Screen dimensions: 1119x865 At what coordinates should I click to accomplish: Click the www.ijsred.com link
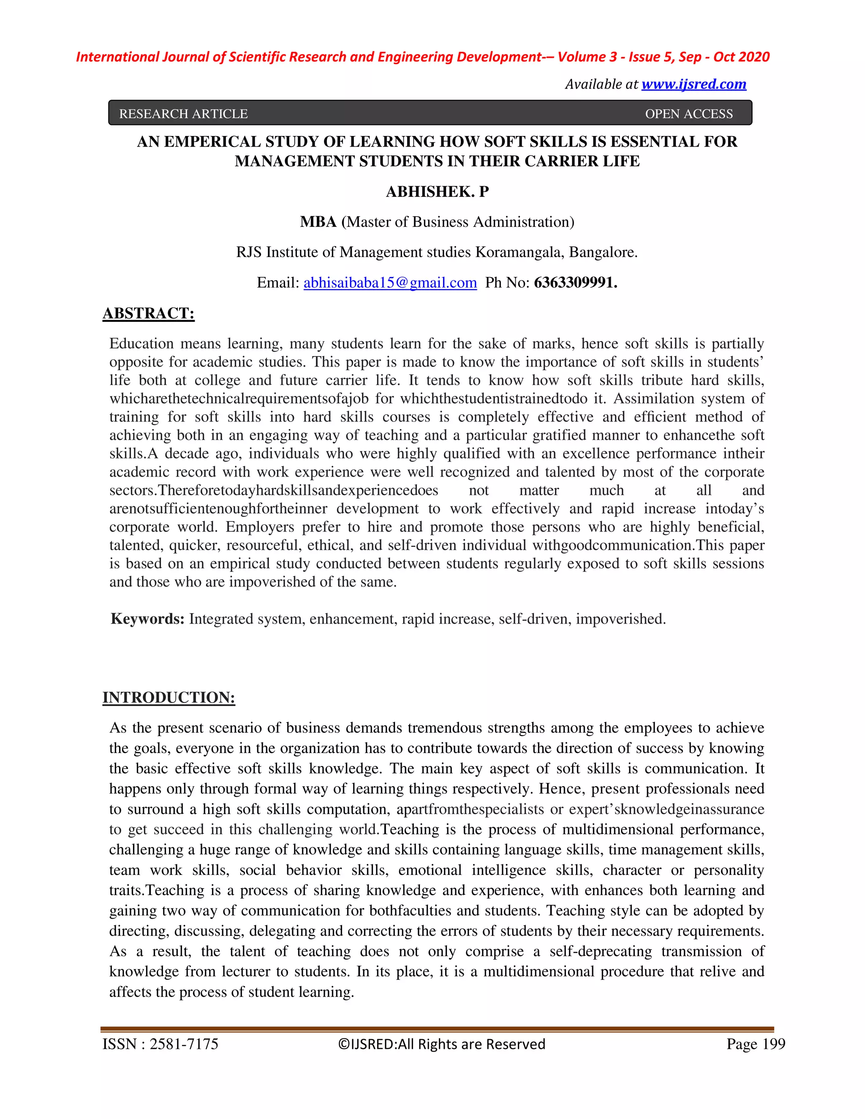[x=694, y=84]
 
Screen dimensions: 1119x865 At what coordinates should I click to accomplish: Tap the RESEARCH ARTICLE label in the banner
[x=183, y=114]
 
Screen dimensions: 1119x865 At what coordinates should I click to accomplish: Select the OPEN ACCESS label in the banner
[x=689, y=114]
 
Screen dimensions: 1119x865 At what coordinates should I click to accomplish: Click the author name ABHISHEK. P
[x=437, y=192]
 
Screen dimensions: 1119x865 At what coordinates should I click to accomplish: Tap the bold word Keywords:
[x=147, y=619]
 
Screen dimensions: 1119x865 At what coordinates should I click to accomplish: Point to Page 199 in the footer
[x=755, y=1044]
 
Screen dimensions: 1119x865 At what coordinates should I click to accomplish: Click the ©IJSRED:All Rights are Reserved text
[x=442, y=1044]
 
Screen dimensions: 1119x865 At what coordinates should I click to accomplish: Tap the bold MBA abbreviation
[x=318, y=222]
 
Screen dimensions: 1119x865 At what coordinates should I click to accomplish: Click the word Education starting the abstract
[x=141, y=343]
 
